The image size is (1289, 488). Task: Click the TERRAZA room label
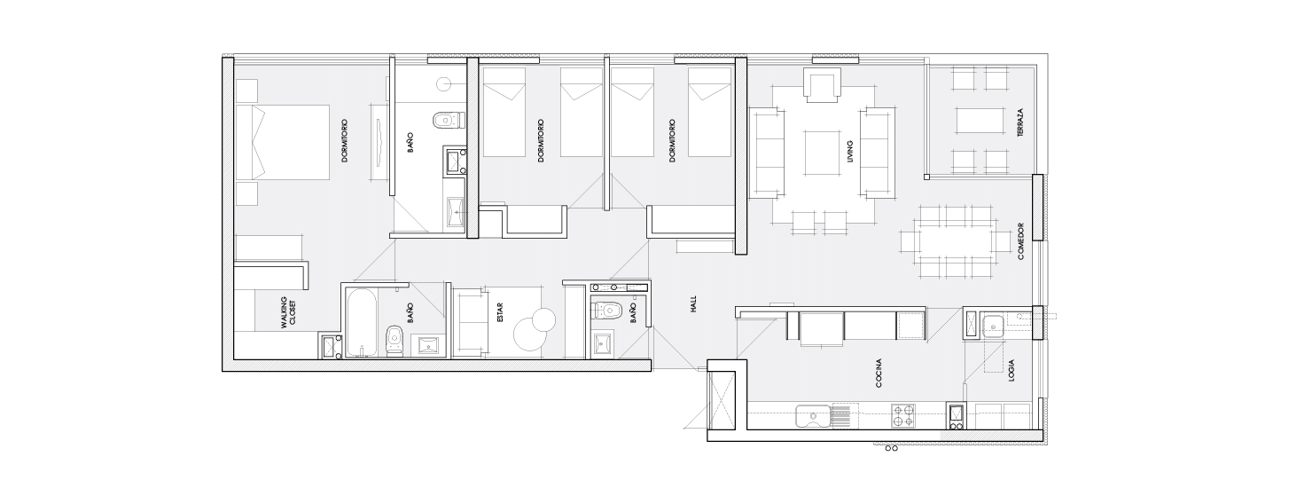[x=1020, y=122]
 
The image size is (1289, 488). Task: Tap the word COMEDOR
[x=1021, y=241]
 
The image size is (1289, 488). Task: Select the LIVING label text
[x=850, y=151]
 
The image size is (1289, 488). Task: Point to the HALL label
[x=693, y=304]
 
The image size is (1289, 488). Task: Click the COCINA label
[x=879, y=374]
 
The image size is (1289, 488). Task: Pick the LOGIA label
[x=1011, y=371]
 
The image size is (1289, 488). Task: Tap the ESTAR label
[x=499, y=312]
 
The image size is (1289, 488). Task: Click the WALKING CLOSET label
[x=288, y=312]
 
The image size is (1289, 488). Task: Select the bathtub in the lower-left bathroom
[x=362, y=323]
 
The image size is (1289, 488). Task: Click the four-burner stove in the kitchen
[x=903, y=416]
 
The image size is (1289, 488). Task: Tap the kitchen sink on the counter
[x=813, y=416]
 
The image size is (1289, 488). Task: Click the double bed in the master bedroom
[x=283, y=142]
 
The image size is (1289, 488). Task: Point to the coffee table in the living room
[x=823, y=153]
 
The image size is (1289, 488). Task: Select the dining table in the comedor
[x=956, y=242]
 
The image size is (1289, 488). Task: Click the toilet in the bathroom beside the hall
[x=607, y=310]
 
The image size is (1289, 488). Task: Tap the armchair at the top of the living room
[x=823, y=85]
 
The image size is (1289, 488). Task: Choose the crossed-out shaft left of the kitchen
[x=723, y=401]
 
